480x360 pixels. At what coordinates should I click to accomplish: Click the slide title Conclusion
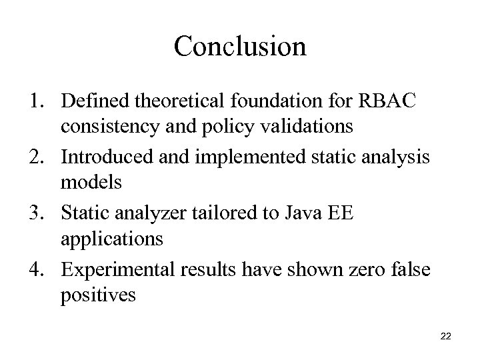coord(240,46)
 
